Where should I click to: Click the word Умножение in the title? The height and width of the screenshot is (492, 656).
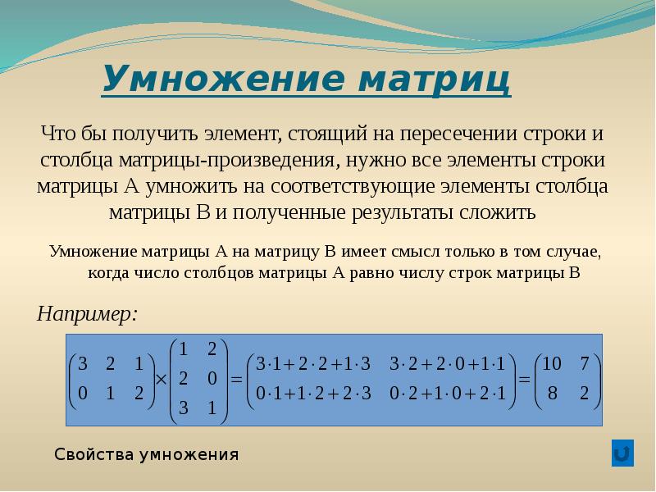(224, 79)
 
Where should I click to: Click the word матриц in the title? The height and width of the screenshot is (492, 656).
(435, 80)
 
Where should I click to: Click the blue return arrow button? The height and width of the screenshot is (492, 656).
(622, 453)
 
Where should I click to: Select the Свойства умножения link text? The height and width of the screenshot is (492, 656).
(147, 454)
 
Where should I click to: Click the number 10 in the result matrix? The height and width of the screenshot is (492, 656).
(552, 363)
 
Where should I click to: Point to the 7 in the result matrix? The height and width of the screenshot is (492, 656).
(585, 363)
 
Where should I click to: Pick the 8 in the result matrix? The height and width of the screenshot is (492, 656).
(552, 394)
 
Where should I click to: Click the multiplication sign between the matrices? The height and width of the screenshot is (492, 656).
(161, 380)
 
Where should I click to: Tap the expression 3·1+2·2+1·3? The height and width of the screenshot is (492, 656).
(313, 364)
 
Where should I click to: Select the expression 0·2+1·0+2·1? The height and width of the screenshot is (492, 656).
(448, 394)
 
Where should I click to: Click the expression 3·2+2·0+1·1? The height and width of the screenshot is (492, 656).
(448, 364)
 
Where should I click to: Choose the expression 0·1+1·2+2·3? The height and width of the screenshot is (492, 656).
(313, 394)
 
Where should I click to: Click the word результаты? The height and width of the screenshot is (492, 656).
(403, 213)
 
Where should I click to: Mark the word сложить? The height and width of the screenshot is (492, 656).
(498, 212)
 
